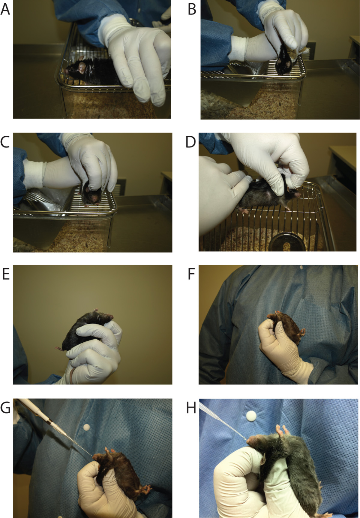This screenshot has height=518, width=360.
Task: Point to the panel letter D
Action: (x=191, y=142)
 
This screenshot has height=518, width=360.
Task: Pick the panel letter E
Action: (x=6, y=274)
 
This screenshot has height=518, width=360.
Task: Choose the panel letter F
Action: (x=191, y=274)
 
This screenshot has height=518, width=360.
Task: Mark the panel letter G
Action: (x=6, y=407)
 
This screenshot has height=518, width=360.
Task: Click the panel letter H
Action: (x=191, y=407)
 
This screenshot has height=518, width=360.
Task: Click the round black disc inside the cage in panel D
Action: (x=287, y=242)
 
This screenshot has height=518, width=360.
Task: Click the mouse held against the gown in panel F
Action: (x=285, y=327)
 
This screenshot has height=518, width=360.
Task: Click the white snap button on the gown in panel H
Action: (x=251, y=416)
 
